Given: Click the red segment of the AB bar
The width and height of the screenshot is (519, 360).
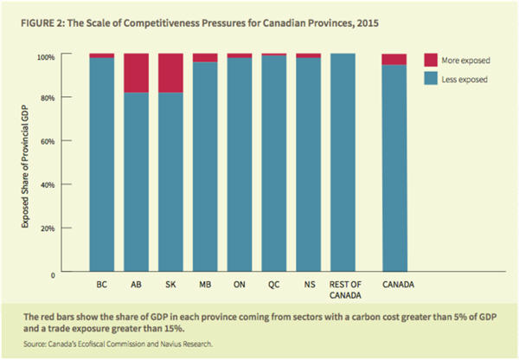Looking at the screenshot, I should point(136,73).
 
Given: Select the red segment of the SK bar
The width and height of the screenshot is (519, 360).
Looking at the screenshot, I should point(170,73).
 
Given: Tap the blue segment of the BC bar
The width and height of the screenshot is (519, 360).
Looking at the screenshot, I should point(102,164).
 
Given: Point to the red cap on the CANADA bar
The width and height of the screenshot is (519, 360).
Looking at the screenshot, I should point(394,60).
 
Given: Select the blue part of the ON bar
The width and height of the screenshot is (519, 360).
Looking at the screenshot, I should point(240,164).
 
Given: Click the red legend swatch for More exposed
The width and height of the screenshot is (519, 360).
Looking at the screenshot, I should point(430,61).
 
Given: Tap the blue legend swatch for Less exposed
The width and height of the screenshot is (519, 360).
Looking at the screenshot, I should point(430,79).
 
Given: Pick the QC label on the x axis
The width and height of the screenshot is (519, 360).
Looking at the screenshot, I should point(274,285).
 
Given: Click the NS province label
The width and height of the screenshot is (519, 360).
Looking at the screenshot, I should point(309,285).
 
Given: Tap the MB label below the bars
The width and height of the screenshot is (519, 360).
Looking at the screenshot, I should point(205,285).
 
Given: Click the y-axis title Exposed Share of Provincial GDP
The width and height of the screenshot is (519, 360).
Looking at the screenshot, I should point(29,164).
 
